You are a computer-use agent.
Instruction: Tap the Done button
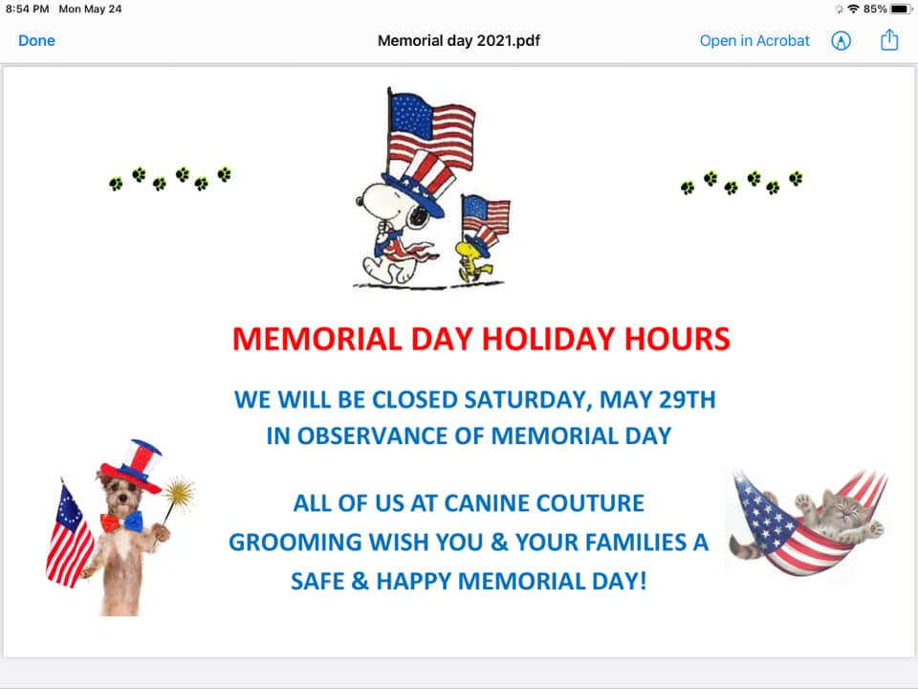[36, 40]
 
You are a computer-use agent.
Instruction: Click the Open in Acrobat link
[754, 40]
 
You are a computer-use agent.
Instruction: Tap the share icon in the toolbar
[889, 40]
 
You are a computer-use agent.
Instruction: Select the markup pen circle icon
[841, 40]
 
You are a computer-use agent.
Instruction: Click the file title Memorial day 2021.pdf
[459, 40]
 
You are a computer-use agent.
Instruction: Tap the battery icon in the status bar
[901, 9]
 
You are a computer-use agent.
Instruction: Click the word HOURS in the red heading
[677, 339]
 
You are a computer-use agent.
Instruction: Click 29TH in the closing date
[688, 400]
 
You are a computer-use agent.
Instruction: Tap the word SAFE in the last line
[317, 581]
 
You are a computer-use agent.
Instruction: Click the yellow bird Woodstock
[475, 257]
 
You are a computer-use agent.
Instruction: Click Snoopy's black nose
[360, 201]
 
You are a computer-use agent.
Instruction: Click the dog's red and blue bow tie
[121, 522]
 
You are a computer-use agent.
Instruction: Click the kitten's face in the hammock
[839, 507]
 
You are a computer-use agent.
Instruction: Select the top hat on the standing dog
[132, 466]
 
